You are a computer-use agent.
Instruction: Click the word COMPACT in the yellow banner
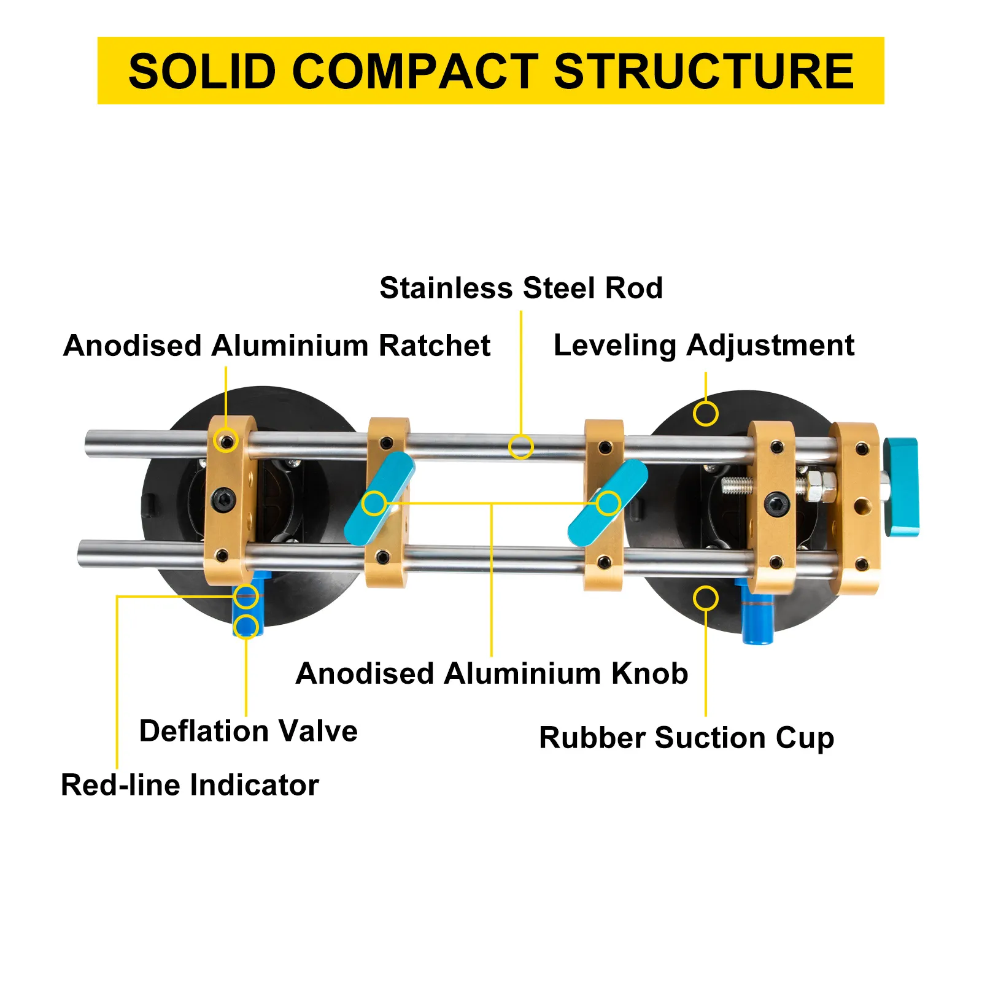(415, 72)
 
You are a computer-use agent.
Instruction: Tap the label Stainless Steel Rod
(521, 288)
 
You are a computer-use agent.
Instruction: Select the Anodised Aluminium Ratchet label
(276, 346)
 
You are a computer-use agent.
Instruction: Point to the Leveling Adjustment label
(703, 346)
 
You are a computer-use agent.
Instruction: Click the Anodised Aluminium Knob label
(491, 673)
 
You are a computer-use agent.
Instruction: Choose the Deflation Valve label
(248, 731)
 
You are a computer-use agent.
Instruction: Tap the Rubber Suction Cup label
(686, 738)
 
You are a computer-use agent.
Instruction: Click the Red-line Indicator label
(190, 785)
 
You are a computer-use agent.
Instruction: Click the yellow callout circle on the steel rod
(520, 446)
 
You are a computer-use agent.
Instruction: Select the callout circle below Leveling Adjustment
(705, 414)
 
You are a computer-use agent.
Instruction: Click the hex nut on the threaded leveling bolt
(820, 485)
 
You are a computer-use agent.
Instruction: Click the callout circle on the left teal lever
(374, 504)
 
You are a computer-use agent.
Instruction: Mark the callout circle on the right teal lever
(608, 504)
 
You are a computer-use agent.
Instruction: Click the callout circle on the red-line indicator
(246, 596)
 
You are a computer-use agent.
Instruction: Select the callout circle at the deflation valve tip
(246, 627)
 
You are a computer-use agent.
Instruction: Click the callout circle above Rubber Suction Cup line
(705, 598)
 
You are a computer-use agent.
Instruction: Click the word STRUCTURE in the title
(703, 72)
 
